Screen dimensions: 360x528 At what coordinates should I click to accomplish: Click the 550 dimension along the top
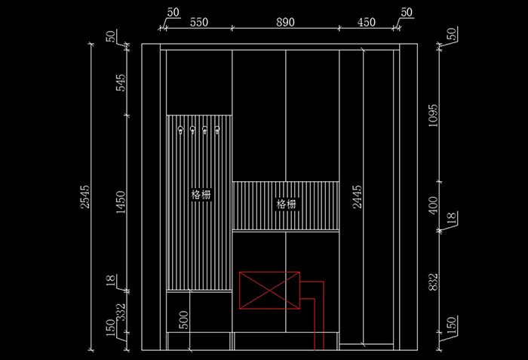point(198,23)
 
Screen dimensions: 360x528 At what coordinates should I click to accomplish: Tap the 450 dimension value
point(366,23)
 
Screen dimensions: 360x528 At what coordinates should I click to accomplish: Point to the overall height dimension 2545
point(84,198)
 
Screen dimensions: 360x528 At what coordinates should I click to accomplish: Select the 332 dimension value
point(121,310)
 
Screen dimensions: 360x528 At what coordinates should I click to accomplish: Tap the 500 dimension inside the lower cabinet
point(183,319)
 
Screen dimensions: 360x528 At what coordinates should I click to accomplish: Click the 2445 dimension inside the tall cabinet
point(358,198)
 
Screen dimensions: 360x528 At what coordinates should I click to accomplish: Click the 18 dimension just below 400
point(451,218)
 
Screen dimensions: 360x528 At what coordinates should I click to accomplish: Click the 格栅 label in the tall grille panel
point(201,194)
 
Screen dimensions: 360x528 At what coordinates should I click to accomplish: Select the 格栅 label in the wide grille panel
point(287,204)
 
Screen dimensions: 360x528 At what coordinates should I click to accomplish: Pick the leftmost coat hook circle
point(181,131)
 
